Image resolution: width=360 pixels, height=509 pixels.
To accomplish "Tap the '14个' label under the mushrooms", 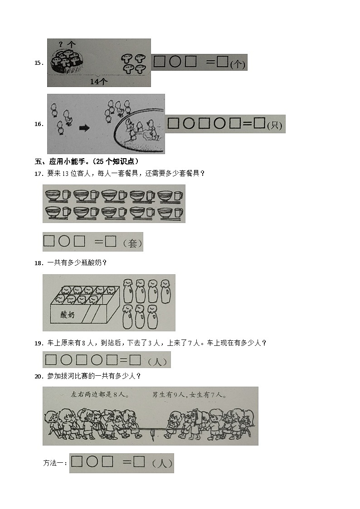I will pos(98,82).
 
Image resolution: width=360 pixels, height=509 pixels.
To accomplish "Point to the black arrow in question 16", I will pos(85,128).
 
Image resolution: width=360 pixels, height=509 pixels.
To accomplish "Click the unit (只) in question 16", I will pos(275,126).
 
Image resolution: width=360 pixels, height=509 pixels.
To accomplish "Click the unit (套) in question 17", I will pos(132,243).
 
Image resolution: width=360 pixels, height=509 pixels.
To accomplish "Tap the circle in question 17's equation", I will pos(64,242).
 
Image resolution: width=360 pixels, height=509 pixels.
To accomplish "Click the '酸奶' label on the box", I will pos(68,315).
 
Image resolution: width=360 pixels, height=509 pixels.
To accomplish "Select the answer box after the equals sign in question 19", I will pos(135,360).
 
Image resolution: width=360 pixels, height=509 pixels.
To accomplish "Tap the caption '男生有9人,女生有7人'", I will pos(190,395).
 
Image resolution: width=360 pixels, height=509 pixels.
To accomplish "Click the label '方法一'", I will pos(54,463).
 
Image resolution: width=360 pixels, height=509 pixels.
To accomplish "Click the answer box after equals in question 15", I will pos(222,62).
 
